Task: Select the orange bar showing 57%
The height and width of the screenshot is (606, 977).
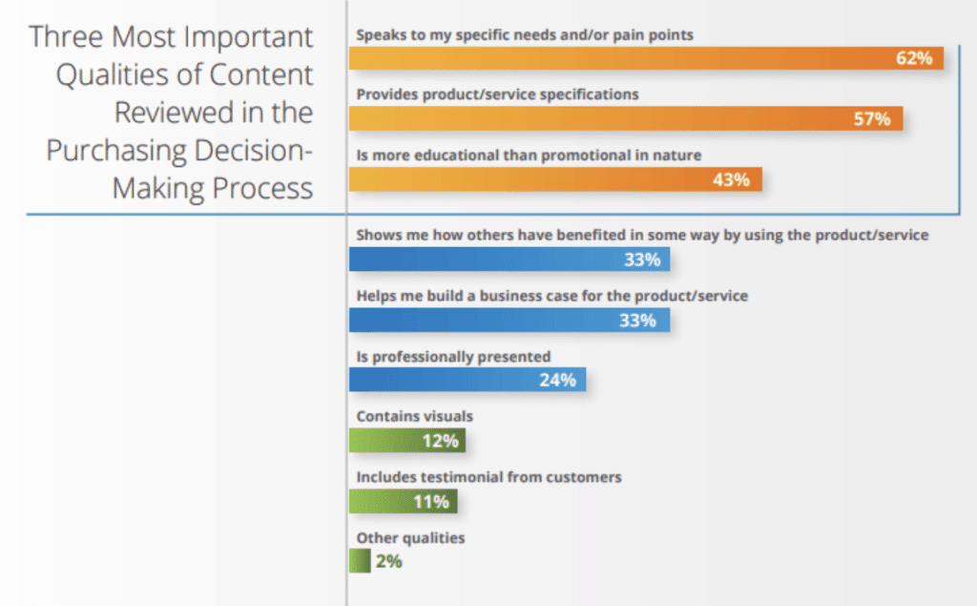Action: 625,118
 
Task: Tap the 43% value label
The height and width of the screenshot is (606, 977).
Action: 731,179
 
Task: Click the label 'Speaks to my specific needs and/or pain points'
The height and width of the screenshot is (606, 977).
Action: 524,34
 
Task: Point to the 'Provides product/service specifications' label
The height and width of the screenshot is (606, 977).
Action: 497,94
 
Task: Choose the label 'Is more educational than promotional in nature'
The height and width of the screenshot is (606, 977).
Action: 529,154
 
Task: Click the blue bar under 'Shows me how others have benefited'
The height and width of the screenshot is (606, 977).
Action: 509,260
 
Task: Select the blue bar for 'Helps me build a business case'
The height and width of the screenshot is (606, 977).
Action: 509,320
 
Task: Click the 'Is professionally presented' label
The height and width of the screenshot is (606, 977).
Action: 453,356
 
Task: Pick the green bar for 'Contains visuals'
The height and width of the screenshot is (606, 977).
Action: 406,440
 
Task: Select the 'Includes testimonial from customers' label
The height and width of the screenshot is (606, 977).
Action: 488,476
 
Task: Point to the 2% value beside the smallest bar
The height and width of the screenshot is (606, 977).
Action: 388,561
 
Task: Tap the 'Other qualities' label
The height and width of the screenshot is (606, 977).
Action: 410,537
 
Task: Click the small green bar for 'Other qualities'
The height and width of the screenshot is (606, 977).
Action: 360,561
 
